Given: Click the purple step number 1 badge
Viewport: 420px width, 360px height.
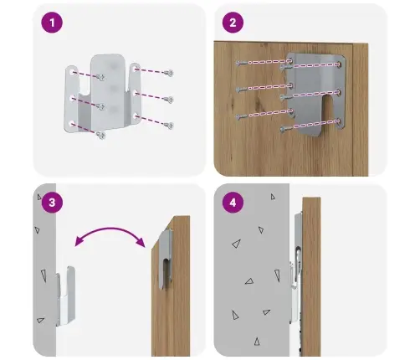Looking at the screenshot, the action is click(x=52, y=23).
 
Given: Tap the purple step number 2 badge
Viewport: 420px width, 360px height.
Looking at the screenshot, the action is click(x=233, y=23).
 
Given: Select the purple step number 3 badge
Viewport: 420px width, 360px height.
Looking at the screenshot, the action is click(x=52, y=203).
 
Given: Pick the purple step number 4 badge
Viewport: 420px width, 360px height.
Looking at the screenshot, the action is click(x=233, y=203).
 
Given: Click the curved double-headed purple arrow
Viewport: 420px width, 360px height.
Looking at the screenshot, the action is click(x=110, y=229).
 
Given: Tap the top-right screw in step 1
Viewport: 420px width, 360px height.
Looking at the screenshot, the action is click(x=169, y=73).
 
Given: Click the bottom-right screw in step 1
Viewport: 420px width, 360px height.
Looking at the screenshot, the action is click(x=169, y=126).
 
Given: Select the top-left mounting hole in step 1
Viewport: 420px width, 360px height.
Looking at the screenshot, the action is click(x=73, y=73).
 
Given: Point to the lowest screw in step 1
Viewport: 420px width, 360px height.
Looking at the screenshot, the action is click(x=101, y=136).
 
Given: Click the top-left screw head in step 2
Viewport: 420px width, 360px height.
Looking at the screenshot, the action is click(x=240, y=64).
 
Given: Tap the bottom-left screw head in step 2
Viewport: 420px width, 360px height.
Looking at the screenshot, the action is click(x=240, y=116).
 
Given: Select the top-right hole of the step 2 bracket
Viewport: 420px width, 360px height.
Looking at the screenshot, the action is click(x=339, y=64).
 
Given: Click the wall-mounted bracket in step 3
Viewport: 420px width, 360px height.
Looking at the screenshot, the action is click(x=65, y=296).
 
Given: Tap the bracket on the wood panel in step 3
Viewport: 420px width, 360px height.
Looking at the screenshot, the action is click(x=165, y=259).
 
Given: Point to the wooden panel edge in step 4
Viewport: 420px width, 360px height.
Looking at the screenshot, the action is click(x=311, y=276).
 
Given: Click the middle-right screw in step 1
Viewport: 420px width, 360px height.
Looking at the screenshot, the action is click(x=169, y=100).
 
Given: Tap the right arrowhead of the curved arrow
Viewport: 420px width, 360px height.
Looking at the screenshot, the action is click(x=141, y=242).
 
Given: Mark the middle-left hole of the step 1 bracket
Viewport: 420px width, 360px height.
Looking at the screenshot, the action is click(x=73, y=98).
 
